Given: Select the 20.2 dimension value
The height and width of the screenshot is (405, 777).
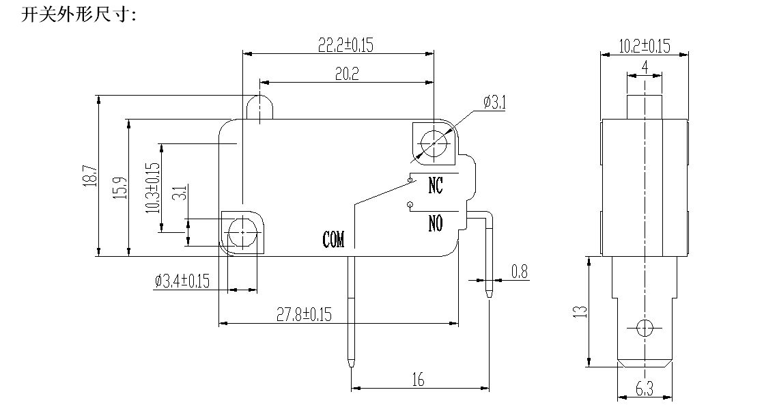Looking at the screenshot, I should click(x=347, y=74).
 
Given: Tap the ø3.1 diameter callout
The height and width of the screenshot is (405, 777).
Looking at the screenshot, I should click(x=494, y=102).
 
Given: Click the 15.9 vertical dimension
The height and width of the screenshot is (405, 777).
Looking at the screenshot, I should click(x=120, y=188).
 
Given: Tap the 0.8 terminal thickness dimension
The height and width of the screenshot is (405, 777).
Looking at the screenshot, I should click(x=520, y=271).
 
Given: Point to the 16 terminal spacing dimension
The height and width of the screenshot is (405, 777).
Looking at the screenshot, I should click(x=418, y=380).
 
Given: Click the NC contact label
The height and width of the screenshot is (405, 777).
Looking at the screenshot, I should click(x=435, y=185).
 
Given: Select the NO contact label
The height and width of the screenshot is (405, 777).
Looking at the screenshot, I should click(x=435, y=223).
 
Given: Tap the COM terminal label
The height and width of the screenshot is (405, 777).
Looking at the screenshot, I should click(x=334, y=239).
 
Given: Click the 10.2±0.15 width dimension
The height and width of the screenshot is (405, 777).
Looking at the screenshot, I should click(x=644, y=46).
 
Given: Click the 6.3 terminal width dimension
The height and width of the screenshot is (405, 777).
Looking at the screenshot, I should click(x=644, y=391).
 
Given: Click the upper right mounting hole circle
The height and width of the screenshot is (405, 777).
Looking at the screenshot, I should click(x=433, y=143).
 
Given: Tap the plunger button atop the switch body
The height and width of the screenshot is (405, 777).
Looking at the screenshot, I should click(x=260, y=106).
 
